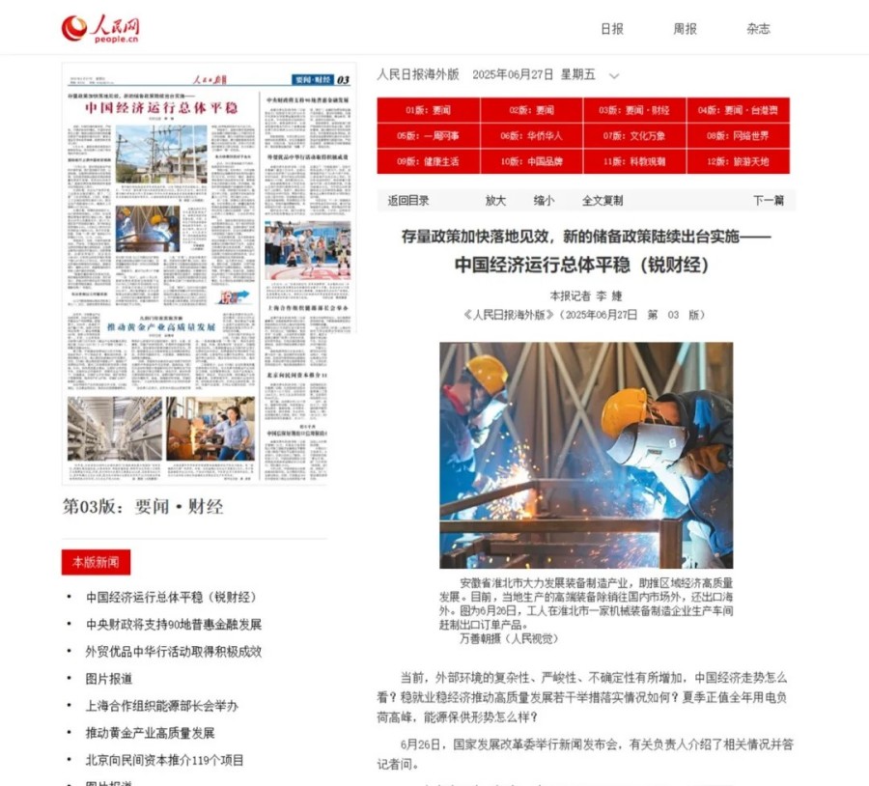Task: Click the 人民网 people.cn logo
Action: [x=100, y=29]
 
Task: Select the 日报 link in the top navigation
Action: [x=612, y=29]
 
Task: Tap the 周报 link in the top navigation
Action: [x=685, y=29]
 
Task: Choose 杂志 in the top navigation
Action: [x=758, y=29]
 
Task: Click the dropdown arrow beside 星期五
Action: [x=614, y=75]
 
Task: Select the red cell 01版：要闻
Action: [x=428, y=110]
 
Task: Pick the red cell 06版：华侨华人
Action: [x=531, y=136]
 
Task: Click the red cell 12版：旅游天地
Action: [x=738, y=161]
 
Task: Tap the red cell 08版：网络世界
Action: [x=738, y=136]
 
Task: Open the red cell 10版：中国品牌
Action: [x=531, y=161]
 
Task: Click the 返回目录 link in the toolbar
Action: [x=408, y=201]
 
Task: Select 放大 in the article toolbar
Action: [x=495, y=201]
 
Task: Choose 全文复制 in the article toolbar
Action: [x=602, y=201]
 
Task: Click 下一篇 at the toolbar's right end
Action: [x=768, y=201]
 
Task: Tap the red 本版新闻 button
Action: [x=96, y=562]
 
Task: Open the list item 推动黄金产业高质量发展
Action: [x=150, y=733]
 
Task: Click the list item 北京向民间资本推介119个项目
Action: [x=165, y=760]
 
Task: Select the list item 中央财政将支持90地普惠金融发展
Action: [x=174, y=625]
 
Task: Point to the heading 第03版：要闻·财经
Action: [x=143, y=506]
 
